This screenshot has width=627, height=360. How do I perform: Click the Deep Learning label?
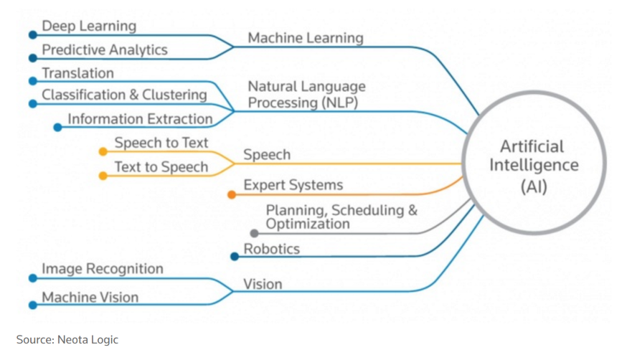point(89,27)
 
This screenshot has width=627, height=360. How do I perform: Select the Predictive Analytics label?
point(105,50)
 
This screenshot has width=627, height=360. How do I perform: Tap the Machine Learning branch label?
point(306,38)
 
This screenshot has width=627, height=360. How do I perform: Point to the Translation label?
point(77,73)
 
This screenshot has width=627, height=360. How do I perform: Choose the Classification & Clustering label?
point(124,95)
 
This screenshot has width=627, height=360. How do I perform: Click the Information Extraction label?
point(140,119)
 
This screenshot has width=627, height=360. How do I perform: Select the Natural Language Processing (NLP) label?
point(306,95)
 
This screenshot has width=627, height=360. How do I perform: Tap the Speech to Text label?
point(161,143)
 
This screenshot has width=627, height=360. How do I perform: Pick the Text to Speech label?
point(161,167)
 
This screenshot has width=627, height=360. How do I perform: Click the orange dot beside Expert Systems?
point(232,194)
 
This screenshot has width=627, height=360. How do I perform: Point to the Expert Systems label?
point(293,185)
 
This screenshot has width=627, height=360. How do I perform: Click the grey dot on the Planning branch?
point(254,233)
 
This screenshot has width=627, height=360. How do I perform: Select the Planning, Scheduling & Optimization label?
point(341,217)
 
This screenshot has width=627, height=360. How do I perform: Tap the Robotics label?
point(272,250)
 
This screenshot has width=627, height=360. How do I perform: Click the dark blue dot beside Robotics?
point(235,257)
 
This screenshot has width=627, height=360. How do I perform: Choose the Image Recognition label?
point(103,269)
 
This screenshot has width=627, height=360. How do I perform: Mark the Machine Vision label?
point(90,297)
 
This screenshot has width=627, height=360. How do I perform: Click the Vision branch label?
point(263,284)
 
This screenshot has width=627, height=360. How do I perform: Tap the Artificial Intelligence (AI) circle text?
point(534,166)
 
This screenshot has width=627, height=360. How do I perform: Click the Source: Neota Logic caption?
point(67,339)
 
